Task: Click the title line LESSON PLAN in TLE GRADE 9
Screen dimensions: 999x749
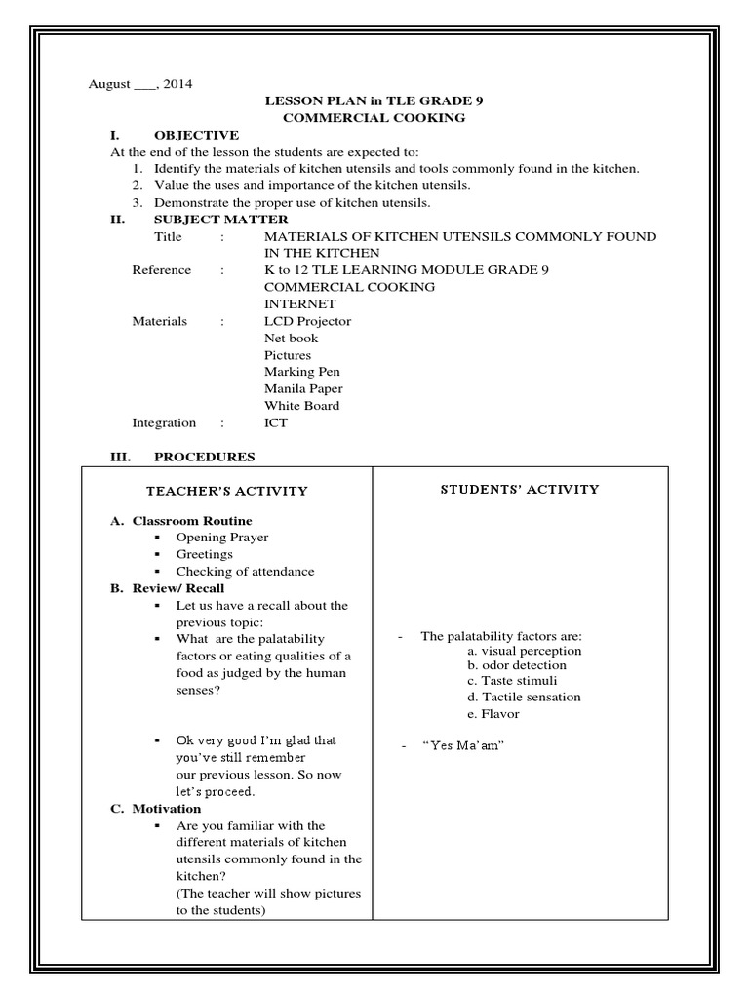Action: tap(374, 100)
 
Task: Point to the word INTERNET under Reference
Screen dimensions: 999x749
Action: tap(300, 303)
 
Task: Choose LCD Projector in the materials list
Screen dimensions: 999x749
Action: tap(307, 321)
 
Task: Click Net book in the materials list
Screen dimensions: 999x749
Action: tap(291, 338)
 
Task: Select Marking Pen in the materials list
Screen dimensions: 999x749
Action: tap(301, 372)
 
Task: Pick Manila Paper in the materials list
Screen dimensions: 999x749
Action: tap(303, 388)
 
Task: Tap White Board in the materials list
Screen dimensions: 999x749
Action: tap(301, 405)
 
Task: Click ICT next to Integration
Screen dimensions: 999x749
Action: tap(276, 422)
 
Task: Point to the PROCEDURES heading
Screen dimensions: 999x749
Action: tap(204, 457)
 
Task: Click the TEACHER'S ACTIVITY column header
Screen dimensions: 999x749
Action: tap(226, 491)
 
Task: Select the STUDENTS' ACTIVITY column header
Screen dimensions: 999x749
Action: tap(519, 489)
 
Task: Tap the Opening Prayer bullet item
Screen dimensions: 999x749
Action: tap(221, 538)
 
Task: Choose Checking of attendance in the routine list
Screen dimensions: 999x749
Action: tap(245, 572)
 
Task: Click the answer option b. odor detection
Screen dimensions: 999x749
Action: tap(516, 665)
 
